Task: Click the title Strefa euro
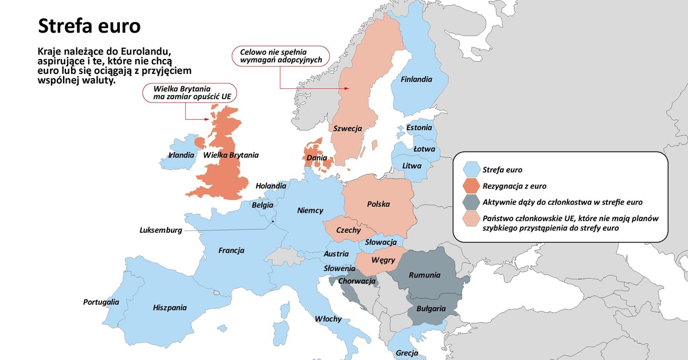89,26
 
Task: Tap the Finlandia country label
416,80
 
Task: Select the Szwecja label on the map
347,129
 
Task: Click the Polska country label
378,204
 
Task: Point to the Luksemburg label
161,230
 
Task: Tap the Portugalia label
101,302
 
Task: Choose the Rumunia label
424,276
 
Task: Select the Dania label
317,158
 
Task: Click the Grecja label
406,353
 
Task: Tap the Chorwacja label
357,281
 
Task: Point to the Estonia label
419,128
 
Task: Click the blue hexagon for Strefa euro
472,170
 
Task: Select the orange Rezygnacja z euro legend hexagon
472,186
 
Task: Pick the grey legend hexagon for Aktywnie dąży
472,202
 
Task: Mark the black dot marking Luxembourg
273,221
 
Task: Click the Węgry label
383,260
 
